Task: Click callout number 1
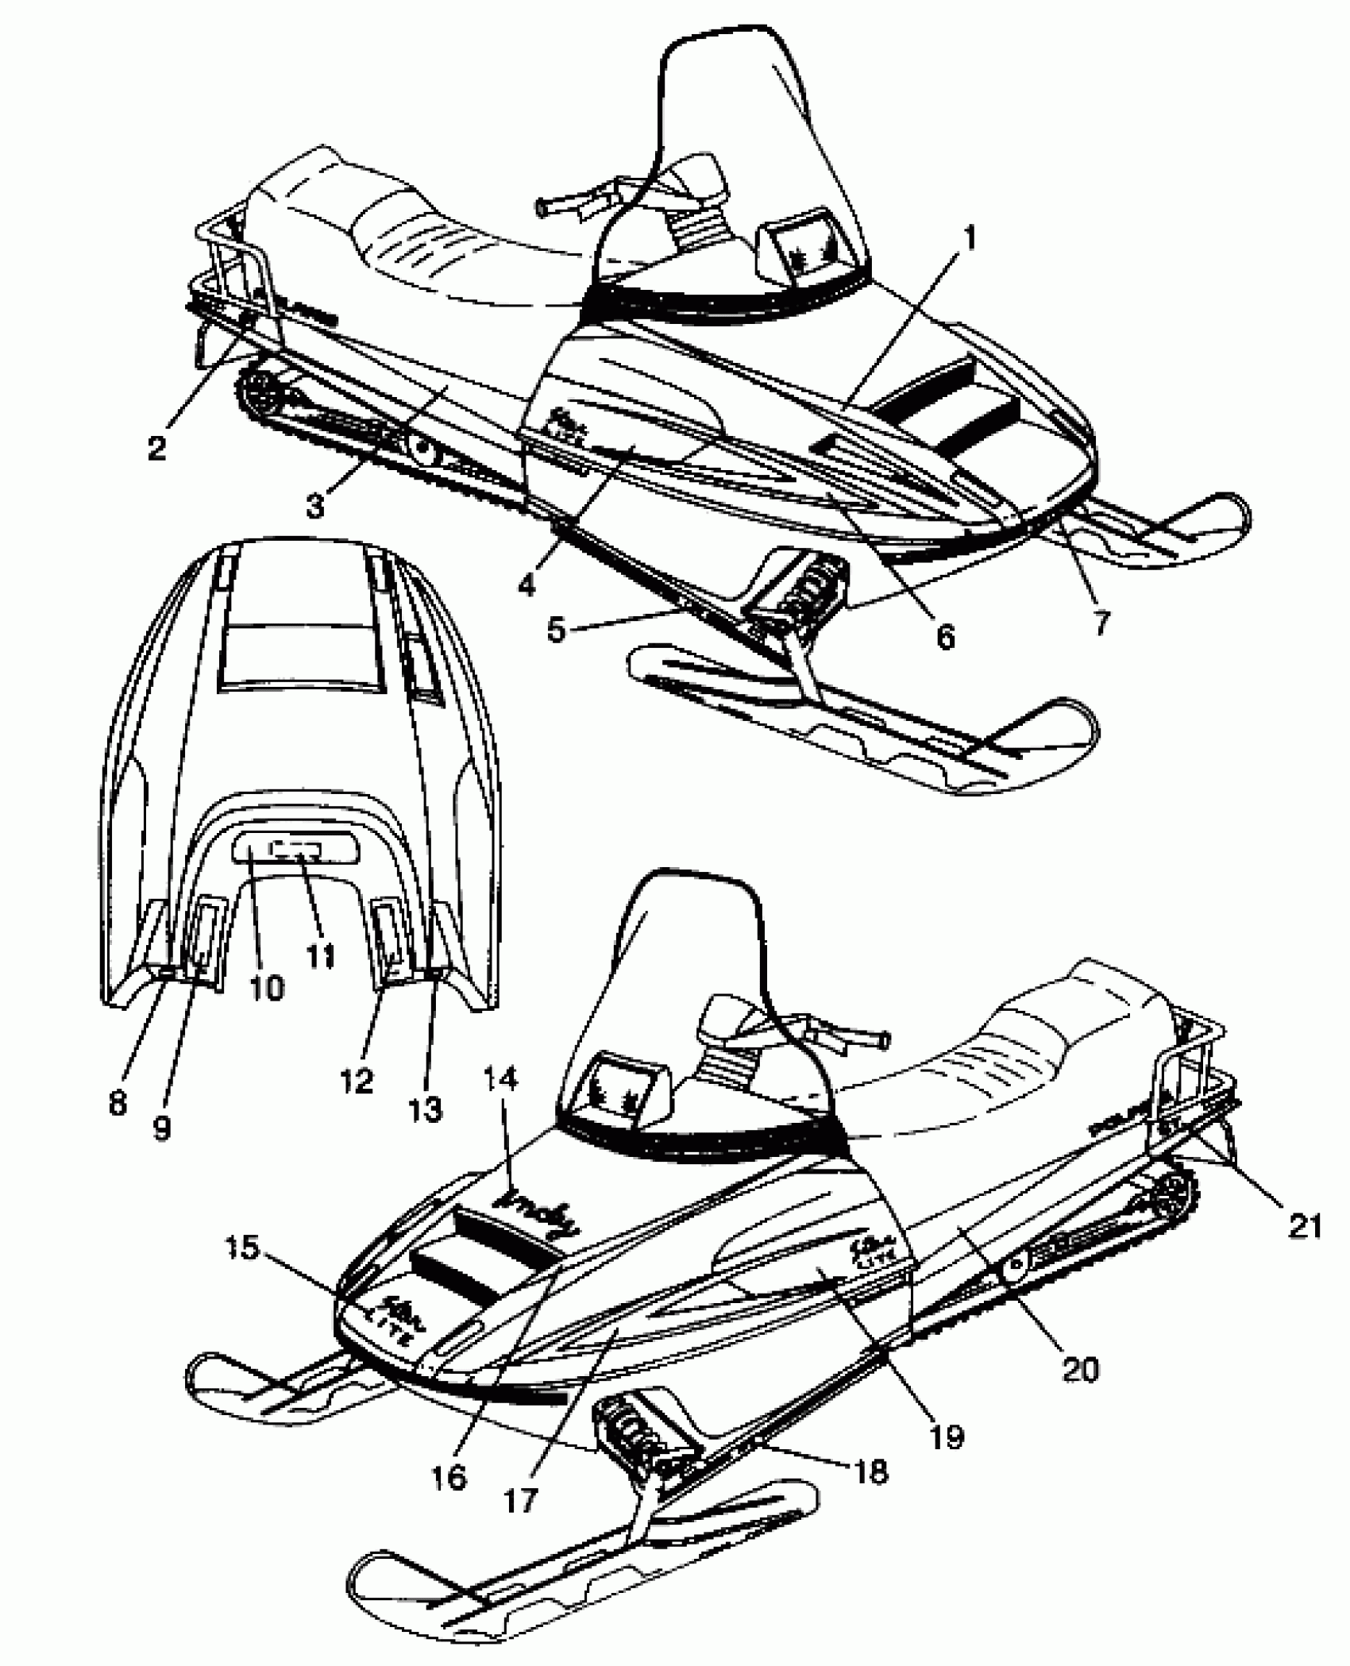[970, 239]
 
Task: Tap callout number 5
[558, 629]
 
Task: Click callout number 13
[426, 1108]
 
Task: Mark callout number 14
[499, 1079]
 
